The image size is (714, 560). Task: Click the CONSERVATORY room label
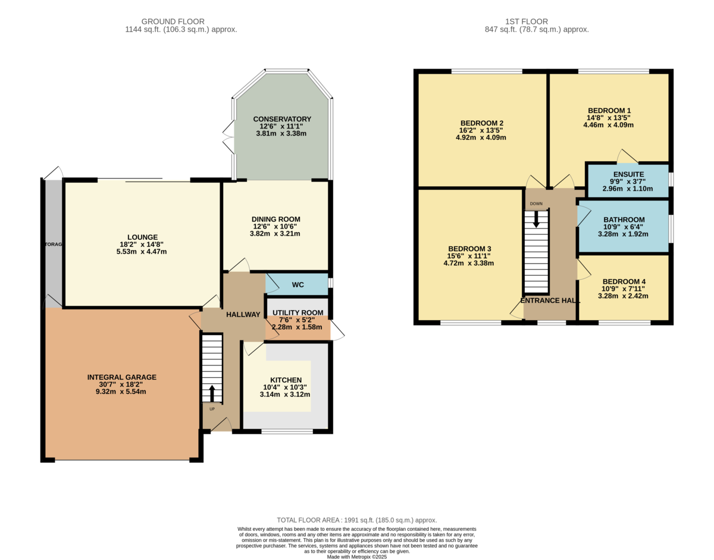[282, 119]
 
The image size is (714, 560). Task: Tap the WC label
[297, 285]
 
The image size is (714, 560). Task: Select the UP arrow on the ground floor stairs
[212, 393]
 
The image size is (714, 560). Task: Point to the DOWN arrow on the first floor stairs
[536, 219]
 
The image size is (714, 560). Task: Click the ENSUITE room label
[628, 174]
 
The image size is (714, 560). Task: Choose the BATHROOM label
[624, 220]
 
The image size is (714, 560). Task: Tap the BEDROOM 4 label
[624, 281]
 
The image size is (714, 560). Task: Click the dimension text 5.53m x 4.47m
[142, 252]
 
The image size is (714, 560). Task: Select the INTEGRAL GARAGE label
[122, 377]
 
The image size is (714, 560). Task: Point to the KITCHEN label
[286, 380]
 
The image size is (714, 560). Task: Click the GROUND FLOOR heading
[173, 21]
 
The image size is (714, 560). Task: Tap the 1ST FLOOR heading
[527, 21]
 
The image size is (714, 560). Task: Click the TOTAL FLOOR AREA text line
[357, 520]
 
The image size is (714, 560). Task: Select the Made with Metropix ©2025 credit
[357, 557]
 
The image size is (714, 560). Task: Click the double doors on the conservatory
[229, 137]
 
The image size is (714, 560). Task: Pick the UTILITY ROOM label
[297, 312]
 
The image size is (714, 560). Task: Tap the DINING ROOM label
[275, 219]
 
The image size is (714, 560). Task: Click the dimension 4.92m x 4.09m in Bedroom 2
[481, 137]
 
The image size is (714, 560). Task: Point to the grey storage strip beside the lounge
[54, 244]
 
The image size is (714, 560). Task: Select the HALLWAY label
[243, 314]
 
